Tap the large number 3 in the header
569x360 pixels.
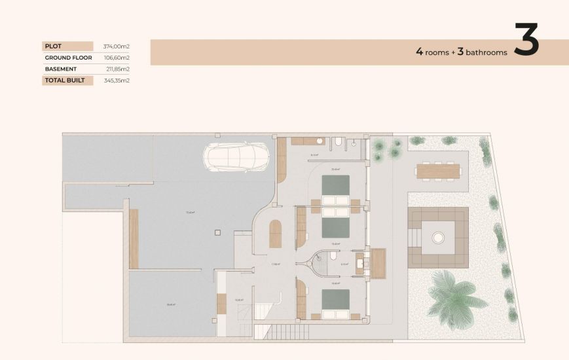coord(526,41)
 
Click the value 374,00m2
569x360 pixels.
coord(117,46)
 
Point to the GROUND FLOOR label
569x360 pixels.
coord(68,58)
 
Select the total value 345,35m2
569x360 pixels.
coord(117,81)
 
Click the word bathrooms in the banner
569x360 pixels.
coord(486,52)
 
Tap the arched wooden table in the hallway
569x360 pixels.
coord(276,234)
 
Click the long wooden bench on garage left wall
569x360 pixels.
coord(134,238)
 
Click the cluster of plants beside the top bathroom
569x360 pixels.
coord(386,149)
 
